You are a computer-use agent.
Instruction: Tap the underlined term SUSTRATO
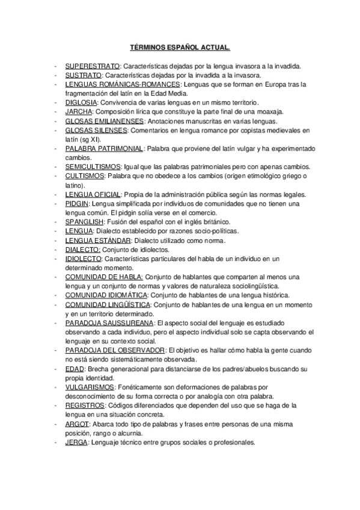pyautogui.click(x=84, y=75)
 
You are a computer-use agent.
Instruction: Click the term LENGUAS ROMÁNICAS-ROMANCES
pyautogui.click(x=114, y=84)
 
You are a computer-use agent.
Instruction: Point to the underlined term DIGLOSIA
pyautogui.click(x=82, y=102)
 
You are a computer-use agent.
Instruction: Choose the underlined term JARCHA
pyautogui.click(x=79, y=112)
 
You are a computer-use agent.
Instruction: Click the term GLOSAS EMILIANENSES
pyautogui.click(x=105, y=121)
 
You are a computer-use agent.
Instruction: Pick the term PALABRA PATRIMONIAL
pyautogui.click(x=104, y=149)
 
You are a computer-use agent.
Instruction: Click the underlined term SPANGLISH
pyautogui.click(x=85, y=222)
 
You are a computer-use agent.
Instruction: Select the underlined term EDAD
pyautogui.click(x=75, y=369)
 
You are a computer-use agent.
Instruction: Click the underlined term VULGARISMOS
pyautogui.click(x=90, y=387)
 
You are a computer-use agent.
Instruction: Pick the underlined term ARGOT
pyautogui.click(x=77, y=424)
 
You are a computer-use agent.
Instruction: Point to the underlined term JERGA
pyautogui.click(x=76, y=442)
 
